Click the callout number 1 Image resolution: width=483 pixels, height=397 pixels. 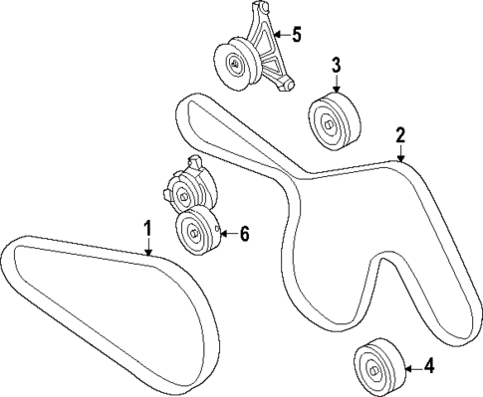(x=146, y=230)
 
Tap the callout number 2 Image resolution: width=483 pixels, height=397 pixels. (x=400, y=135)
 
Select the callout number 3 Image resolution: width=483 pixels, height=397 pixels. (x=336, y=67)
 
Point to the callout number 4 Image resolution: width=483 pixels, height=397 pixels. (x=429, y=367)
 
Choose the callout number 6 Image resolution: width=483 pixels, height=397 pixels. (x=244, y=234)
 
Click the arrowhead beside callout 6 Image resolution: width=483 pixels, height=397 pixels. (x=222, y=234)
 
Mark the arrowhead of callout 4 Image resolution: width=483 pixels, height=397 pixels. (x=406, y=366)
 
